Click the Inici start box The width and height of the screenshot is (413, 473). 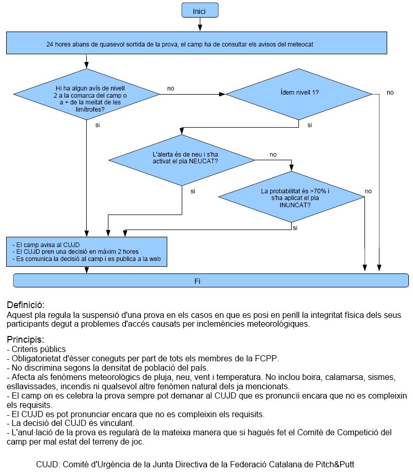(x=200, y=10)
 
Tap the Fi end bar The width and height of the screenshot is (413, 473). (x=211, y=281)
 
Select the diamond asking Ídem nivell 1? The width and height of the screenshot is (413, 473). (x=299, y=94)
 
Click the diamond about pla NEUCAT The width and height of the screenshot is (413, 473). (x=182, y=160)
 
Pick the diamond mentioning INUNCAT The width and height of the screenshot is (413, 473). (x=291, y=197)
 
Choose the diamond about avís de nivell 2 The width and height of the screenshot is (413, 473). (x=86, y=94)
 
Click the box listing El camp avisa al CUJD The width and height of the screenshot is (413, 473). (x=87, y=252)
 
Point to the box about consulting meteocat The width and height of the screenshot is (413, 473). (x=196, y=43)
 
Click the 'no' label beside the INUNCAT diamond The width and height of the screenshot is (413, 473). (x=368, y=191)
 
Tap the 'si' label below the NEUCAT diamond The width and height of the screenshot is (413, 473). (x=193, y=191)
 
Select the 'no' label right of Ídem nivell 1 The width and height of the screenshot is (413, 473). (x=390, y=93)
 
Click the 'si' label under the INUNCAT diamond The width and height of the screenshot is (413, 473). (x=295, y=228)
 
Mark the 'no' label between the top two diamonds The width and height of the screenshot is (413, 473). (x=170, y=88)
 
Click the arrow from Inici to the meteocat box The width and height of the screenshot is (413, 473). (x=200, y=24)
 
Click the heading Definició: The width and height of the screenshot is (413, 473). (x=26, y=305)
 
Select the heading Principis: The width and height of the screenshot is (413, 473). (x=25, y=340)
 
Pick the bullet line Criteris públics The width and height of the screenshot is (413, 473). (x=36, y=349)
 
